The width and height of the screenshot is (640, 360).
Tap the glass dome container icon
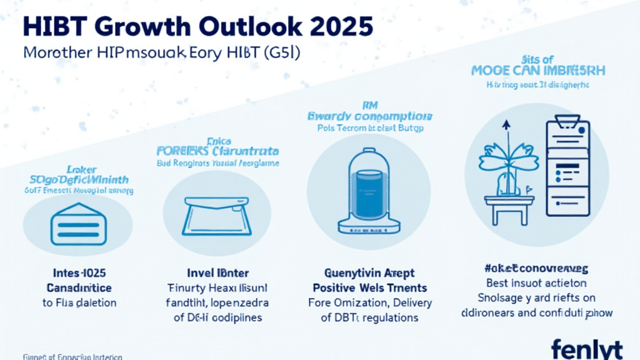(368, 191)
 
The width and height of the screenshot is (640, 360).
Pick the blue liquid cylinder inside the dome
(368, 187)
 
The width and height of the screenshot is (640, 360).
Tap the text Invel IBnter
(218, 273)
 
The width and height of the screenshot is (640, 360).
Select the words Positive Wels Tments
(370, 288)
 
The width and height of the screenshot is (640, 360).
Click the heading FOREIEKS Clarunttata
(217, 151)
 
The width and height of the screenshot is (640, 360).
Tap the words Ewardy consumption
(369, 116)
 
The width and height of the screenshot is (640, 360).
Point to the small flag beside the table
(527, 187)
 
